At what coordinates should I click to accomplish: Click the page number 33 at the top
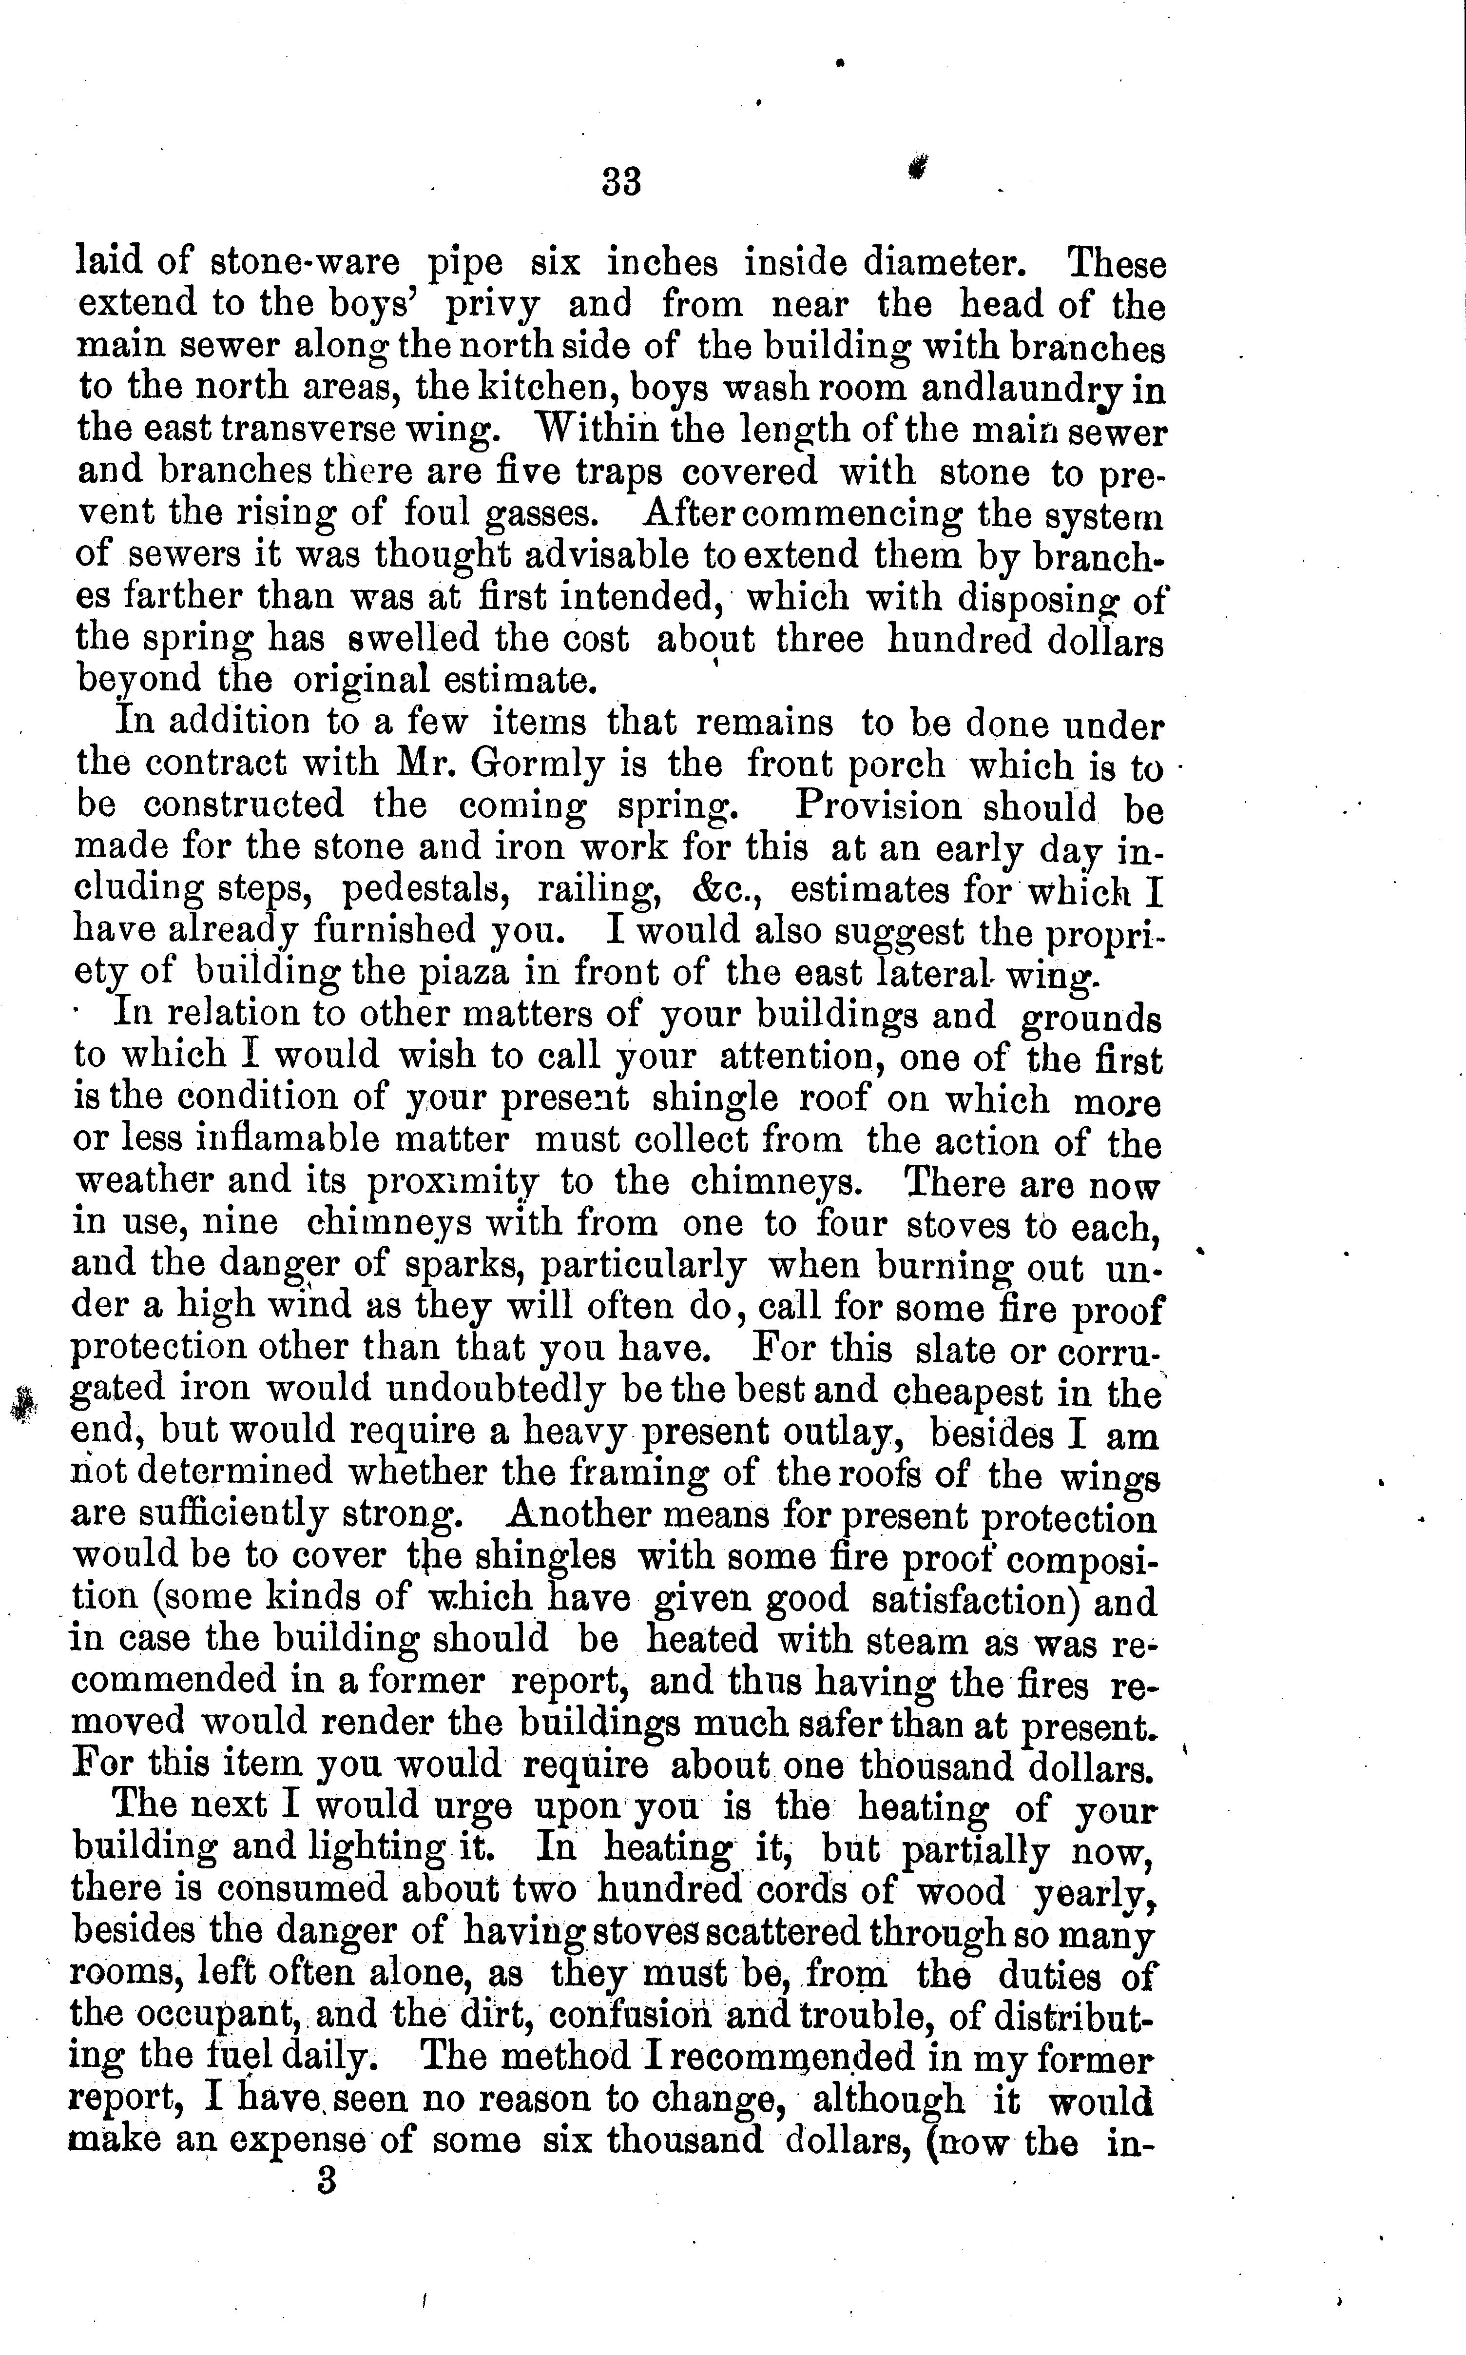(x=621, y=181)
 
